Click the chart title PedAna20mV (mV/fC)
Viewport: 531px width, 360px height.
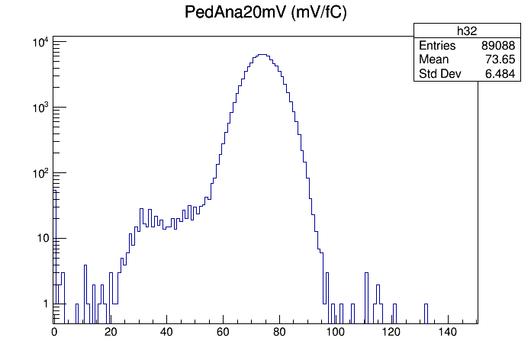coord(265,12)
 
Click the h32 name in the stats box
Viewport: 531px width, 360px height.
coord(467,31)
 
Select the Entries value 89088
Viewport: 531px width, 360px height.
coord(498,45)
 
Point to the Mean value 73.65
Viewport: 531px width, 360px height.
coord(500,59)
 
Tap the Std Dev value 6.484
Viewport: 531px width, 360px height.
coord(500,73)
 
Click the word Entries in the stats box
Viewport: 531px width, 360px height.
coord(437,45)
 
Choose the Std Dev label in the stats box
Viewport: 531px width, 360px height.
coord(440,73)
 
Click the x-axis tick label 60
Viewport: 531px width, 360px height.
coord(224,332)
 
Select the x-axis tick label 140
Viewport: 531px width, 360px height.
coord(448,332)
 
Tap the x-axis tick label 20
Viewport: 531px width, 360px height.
coord(111,332)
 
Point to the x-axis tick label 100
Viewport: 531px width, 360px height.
coord(336,332)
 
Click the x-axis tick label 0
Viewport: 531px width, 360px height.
coord(54,332)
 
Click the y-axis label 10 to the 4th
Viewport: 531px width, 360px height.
coord(40,43)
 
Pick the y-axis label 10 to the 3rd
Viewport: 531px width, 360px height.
coord(40,108)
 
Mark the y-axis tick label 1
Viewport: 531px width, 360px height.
coord(46,304)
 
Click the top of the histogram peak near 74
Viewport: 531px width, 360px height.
coord(262,54)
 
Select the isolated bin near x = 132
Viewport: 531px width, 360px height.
coord(426,313)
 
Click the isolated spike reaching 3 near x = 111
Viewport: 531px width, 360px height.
coord(366,298)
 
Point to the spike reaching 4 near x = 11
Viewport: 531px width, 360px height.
coord(85,294)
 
